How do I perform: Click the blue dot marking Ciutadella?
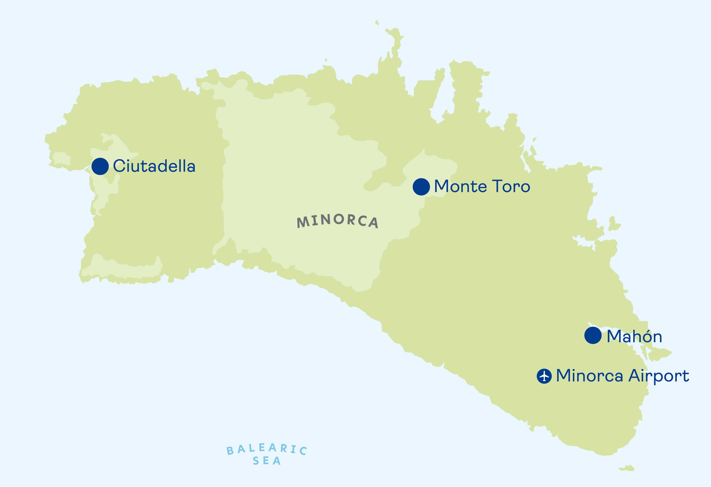click(x=100, y=166)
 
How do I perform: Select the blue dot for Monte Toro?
click(x=421, y=186)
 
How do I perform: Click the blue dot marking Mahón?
click(x=593, y=335)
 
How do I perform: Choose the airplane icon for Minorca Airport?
click(x=544, y=376)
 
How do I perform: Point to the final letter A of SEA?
click(x=277, y=461)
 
